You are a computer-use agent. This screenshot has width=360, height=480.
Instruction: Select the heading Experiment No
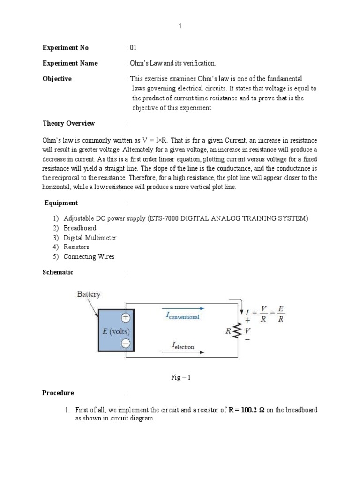click(65, 48)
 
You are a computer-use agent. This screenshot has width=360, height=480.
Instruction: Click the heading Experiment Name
click(70, 63)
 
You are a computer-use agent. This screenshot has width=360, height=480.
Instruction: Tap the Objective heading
click(57, 79)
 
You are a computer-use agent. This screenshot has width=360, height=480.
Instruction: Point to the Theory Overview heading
click(68, 123)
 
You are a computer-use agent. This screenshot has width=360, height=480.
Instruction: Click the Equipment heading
click(61, 203)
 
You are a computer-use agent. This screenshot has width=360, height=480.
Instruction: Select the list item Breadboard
click(80, 228)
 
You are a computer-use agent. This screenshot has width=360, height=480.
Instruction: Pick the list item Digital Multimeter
click(90, 238)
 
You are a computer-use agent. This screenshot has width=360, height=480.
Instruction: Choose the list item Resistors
click(76, 247)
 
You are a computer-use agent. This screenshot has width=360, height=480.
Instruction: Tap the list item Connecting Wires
click(89, 256)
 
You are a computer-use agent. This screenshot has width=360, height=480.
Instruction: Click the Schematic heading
click(58, 272)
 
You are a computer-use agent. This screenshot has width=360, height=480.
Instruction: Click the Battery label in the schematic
click(89, 294)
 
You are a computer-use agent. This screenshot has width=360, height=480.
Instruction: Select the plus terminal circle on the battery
click(125, 317)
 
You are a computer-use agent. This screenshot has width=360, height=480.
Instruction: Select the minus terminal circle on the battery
click(125, 343)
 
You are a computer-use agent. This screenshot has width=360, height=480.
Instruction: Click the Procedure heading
click(58, 393)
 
